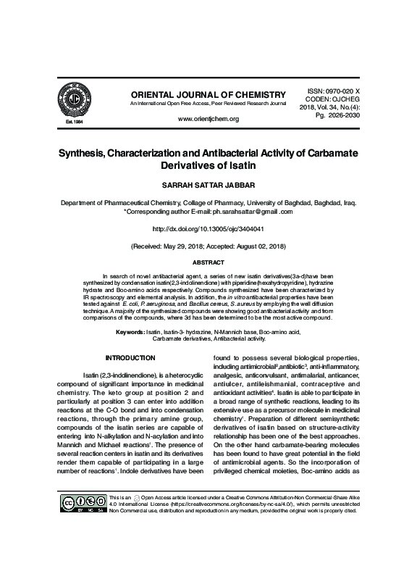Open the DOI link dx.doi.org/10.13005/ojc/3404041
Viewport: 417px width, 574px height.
(208, 228)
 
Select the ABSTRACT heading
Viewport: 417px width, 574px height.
(208, 262)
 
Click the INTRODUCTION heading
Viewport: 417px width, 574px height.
(130, 358)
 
